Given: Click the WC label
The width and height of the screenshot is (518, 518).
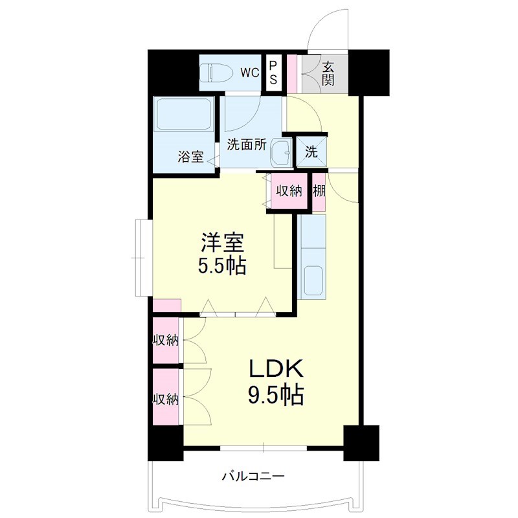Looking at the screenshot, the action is tap(250, 73).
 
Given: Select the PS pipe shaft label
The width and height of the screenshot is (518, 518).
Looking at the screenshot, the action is tap(273, 73).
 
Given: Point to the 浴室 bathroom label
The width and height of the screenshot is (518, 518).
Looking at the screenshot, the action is tap(190, 157).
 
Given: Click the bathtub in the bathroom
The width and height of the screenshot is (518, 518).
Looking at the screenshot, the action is tap(184, 114).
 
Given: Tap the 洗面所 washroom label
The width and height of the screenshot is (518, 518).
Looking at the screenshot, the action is tap(247, 144).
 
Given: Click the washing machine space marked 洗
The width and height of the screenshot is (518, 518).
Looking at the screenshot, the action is tap(311, 152).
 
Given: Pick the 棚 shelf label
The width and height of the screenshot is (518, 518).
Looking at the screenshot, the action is tap(319, 191).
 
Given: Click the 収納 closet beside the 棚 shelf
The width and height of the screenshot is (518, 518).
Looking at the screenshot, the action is tap(289, 191).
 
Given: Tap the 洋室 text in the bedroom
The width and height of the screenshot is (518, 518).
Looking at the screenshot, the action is tap(222, 243).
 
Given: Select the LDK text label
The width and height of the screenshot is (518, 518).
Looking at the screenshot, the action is tap(276, 368).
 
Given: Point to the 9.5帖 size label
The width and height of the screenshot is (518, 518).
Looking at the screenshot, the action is tap(276, 394).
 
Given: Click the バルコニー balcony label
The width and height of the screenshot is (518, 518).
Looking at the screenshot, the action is tap(253, 477).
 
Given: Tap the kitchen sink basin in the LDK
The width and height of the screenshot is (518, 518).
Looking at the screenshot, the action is tap(313, 280).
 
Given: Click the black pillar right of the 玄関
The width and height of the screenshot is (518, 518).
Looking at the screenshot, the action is tap(368, 73).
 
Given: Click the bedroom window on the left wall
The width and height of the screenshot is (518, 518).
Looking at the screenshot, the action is tap(144, 258).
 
